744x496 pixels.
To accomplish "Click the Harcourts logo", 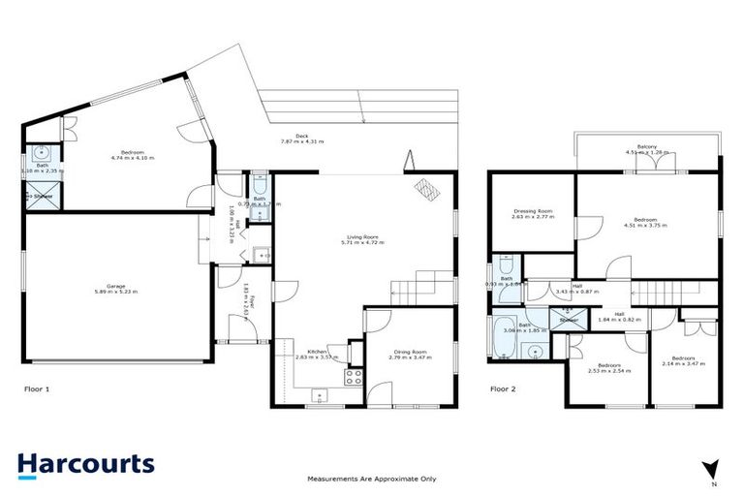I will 85,463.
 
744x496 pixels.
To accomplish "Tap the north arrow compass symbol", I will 713,470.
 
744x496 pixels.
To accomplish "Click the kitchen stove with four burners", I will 354,379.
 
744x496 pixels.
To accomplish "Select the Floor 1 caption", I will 36,388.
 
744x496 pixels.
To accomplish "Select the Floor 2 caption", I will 504,388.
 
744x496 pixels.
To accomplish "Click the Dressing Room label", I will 532,211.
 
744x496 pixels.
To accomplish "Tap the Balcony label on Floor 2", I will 645,148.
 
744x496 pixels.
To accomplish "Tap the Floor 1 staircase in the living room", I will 422,287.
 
